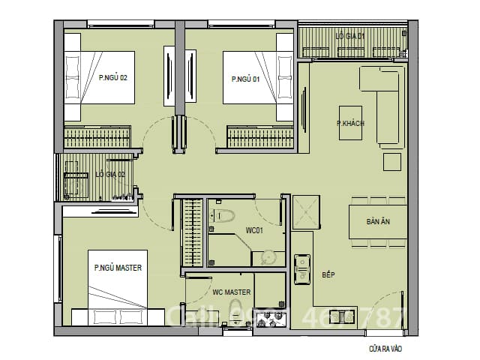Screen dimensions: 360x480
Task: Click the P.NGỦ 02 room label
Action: pyautogui.click(x=112, y=77)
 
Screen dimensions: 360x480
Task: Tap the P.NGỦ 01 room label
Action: pyautogui.click(x=247, y=78)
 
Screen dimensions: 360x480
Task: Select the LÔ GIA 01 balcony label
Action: pyautogui.click(x=350, y=35)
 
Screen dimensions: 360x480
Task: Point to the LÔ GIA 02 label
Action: pyautogui.click(x=109, y=174)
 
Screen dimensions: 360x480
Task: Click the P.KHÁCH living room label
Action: pyautogui.click(x=349, y=123)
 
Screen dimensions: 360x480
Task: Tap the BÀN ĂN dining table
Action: pyautogui.click(x=377, y=222)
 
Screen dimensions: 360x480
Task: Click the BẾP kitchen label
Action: pyautogui.click(x=328, y=275)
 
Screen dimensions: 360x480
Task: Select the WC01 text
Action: pyautogui.click(x=253, y=231)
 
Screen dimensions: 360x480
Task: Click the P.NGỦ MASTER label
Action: pyautogui.click(x=118, y=267)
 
